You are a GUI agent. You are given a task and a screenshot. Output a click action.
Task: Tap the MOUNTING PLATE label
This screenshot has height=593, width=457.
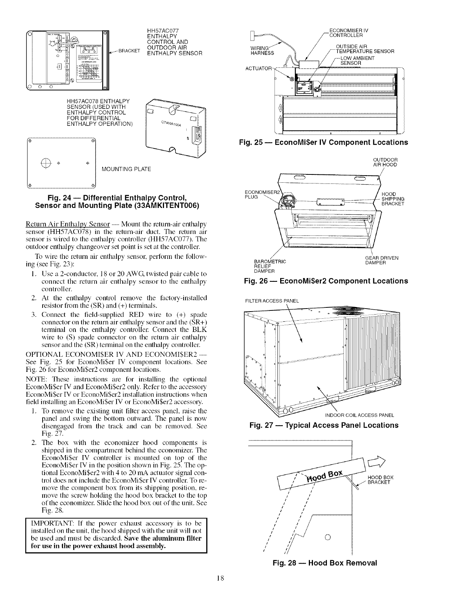(126, 169)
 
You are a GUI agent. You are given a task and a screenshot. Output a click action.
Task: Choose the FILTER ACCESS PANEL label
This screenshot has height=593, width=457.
(272, 301)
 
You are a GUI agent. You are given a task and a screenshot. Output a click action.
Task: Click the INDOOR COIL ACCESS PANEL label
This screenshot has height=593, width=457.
(359, 415)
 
